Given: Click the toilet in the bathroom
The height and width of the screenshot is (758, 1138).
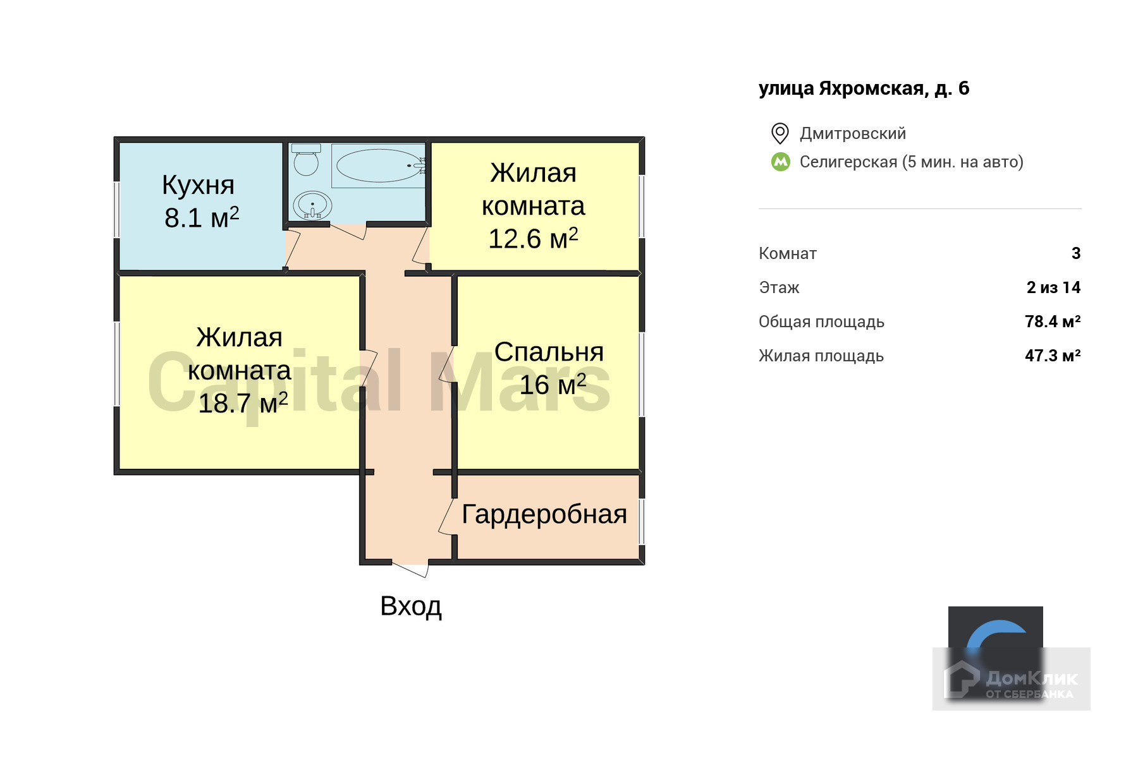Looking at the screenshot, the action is (x=306, y=160).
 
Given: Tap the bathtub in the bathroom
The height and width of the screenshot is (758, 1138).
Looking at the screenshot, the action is (x=378, y=165).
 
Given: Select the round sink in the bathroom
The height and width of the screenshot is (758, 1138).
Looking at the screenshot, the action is (x=312, y=205).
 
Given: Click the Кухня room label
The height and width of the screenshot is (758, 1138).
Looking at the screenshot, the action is (x=198, y=185).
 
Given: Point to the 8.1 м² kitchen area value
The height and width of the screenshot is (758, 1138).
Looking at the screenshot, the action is (x=202, y=218).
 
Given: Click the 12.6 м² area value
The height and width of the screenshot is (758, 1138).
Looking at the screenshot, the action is (x=533, y=239).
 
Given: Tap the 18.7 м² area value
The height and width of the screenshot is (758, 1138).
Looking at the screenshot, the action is (x=243, y=403).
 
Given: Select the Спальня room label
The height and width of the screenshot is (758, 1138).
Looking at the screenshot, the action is (x=549, y=352).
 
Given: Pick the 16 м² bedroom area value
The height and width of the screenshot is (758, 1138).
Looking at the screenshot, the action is (x=553, y=385).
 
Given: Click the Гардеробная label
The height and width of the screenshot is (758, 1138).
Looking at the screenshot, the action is (x=544, y=514).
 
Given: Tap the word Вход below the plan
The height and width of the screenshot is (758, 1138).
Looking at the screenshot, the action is (x=411, y=606).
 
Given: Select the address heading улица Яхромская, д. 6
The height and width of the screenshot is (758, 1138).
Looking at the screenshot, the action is (x=864, y=88).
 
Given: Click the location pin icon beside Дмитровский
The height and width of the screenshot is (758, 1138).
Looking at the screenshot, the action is (x=780, y=133).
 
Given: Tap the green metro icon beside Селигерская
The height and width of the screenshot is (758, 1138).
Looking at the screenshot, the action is (x=781, y=162).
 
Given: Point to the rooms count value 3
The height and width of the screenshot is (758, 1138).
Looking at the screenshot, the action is (x=1076, y=253).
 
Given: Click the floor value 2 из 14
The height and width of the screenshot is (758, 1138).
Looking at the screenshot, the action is (x=1053, y=287).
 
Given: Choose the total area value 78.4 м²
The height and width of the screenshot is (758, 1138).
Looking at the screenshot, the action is (x=1053, y=322).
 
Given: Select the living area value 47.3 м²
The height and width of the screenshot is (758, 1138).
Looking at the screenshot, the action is (x=1053, y=356).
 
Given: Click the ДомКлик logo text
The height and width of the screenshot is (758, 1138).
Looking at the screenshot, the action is (x=1031, y=679).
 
